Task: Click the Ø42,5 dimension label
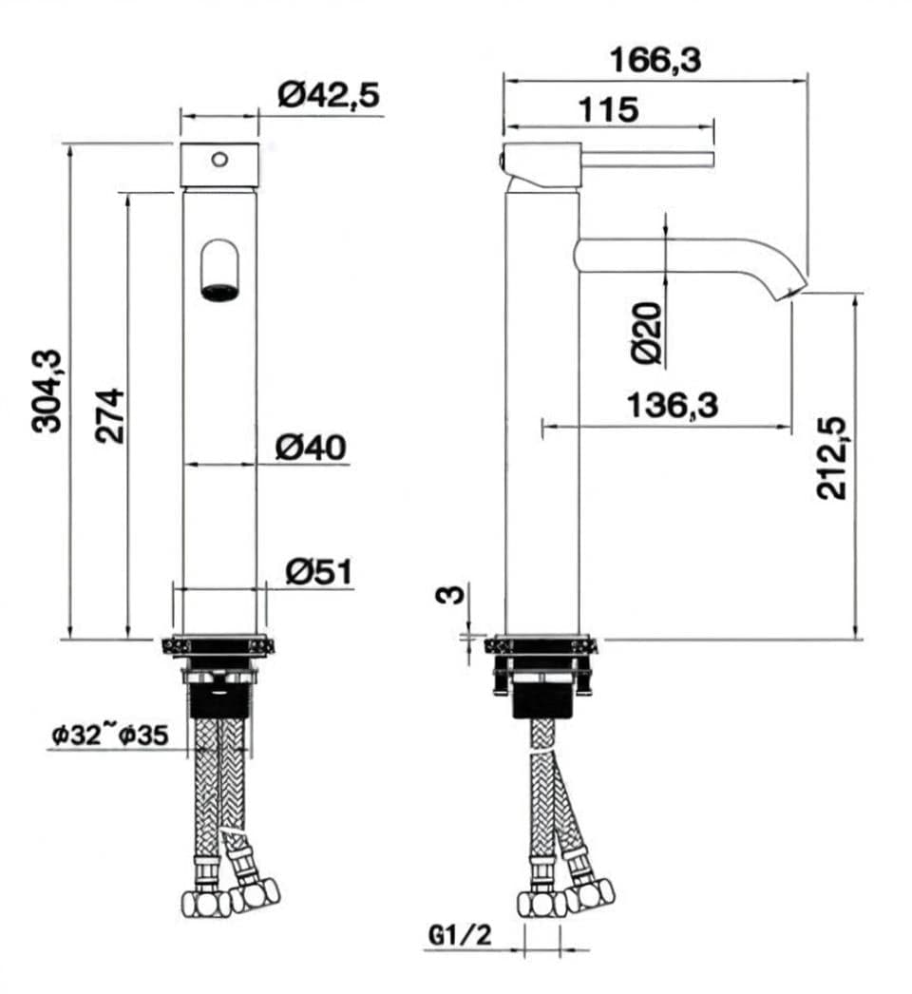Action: (328, 96)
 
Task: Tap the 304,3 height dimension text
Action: (47, 391)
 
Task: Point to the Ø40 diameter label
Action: (311, 447)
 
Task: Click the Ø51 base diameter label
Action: (318, 571)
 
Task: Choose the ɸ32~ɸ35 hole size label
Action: (110, 735)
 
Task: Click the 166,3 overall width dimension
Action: (655, 61)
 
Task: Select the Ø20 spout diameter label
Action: (647, 334)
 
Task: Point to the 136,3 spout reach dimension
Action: (673, 406)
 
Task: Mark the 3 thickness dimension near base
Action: (453, 595)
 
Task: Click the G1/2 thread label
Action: (461, 936)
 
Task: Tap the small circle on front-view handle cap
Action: (220, 159)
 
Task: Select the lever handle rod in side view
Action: (646, 159)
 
